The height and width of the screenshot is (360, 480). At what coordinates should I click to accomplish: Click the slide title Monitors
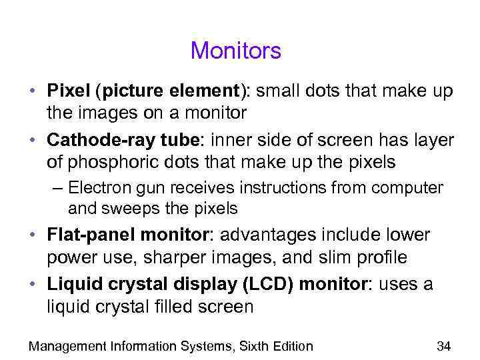point(236,51)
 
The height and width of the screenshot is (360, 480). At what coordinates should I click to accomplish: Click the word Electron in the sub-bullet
point(95,188)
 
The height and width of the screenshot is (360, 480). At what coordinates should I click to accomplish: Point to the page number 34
point(443,345)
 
